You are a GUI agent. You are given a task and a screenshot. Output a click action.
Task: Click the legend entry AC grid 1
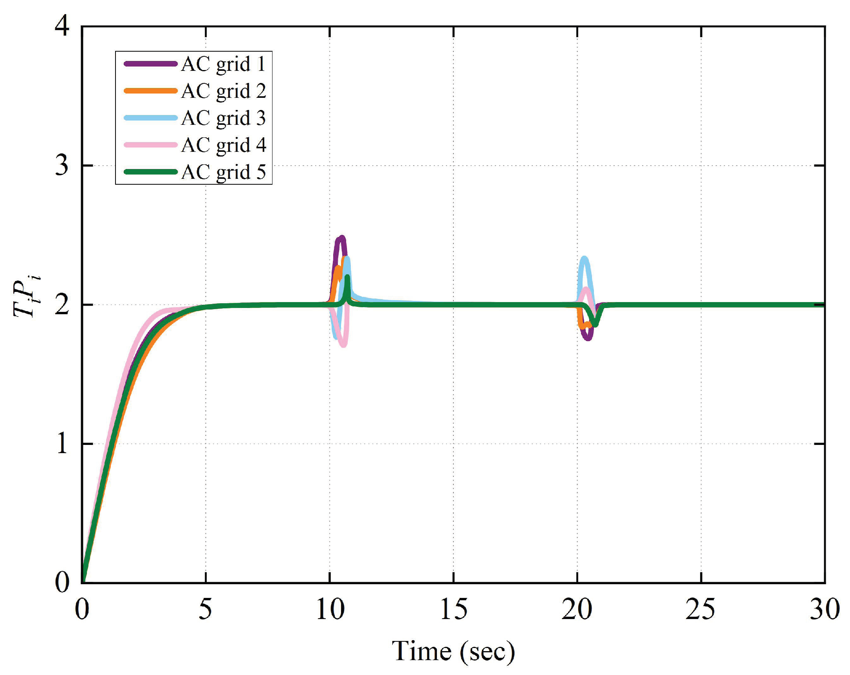(223, 64)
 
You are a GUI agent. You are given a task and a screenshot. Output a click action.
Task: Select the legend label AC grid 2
(223, 91)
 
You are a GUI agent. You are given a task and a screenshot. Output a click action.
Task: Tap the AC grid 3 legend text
(223, 118)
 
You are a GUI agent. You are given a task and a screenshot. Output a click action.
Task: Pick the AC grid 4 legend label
(223, 145)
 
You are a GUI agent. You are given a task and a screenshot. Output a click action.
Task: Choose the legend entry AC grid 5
(223, 172)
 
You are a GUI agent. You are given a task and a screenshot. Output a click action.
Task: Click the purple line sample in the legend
(150, 64)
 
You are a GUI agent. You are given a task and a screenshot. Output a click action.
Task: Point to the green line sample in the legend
(150, 172)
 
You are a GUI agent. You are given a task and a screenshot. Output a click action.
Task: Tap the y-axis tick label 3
(62, 166)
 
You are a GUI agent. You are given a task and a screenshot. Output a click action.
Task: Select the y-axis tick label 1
(62, 444)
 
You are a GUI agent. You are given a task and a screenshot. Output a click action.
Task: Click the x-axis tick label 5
(205, 609)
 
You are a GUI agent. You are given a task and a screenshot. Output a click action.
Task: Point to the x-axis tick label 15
(453, 609)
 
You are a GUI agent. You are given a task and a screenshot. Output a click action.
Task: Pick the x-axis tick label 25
(700, 609)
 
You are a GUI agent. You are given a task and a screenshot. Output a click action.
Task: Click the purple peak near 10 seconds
(341, 238)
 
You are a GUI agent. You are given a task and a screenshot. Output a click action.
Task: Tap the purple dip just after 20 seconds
(588, 338)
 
